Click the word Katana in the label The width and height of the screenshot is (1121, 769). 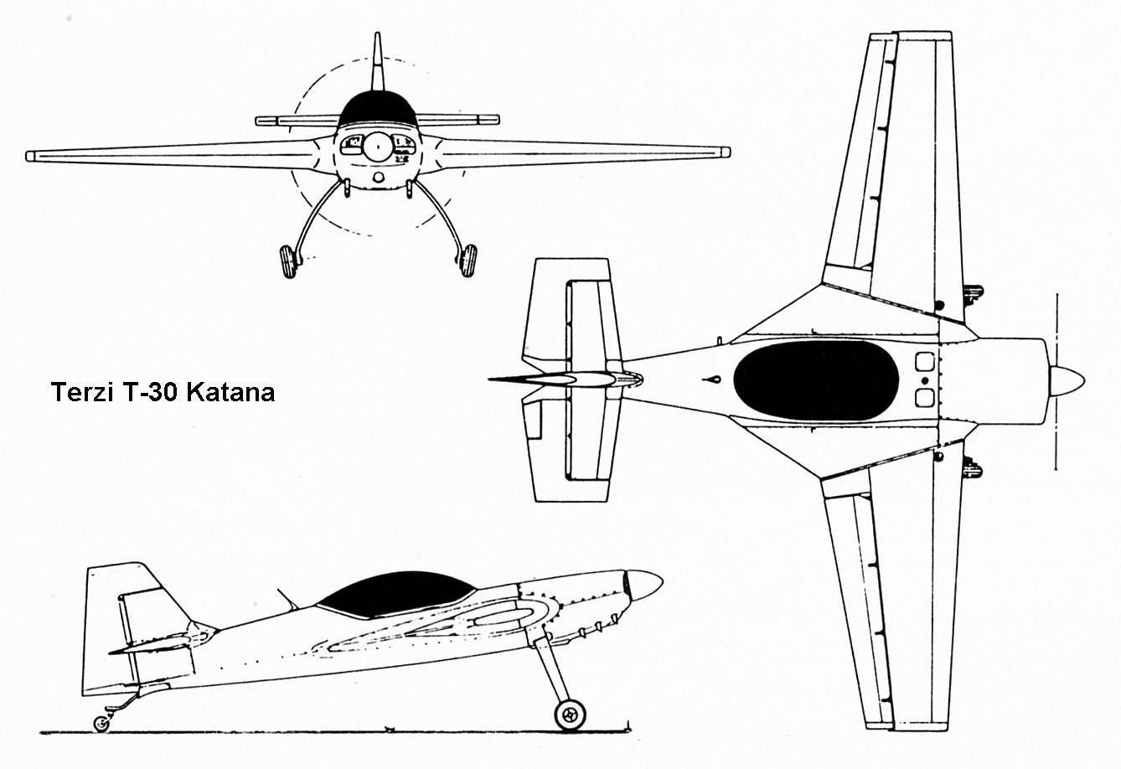click(x=230, y=392)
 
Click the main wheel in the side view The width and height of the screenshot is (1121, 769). click(x=571, y=714)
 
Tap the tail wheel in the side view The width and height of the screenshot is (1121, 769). click(x=101, y=723)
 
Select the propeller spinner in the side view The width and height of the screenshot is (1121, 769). click(x=645, y=584)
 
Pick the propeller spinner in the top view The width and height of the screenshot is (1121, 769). click(x=1067, y=381)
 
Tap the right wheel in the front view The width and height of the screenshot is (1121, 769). click(x=467, y=261)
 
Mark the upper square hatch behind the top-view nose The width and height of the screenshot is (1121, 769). click(x=924, y=362)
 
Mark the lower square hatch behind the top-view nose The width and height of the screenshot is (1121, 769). click(x=924, y=397)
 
